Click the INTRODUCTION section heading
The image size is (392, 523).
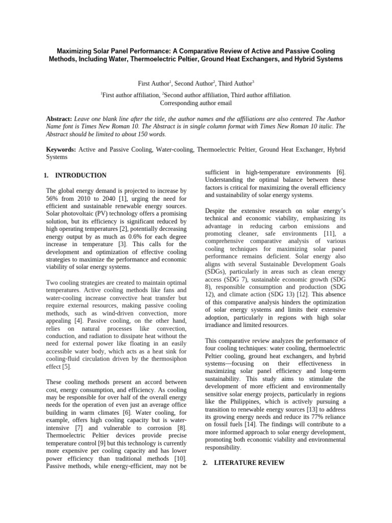point(81,175)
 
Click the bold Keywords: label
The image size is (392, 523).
point(61,150)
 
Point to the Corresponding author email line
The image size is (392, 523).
point(196,103)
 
